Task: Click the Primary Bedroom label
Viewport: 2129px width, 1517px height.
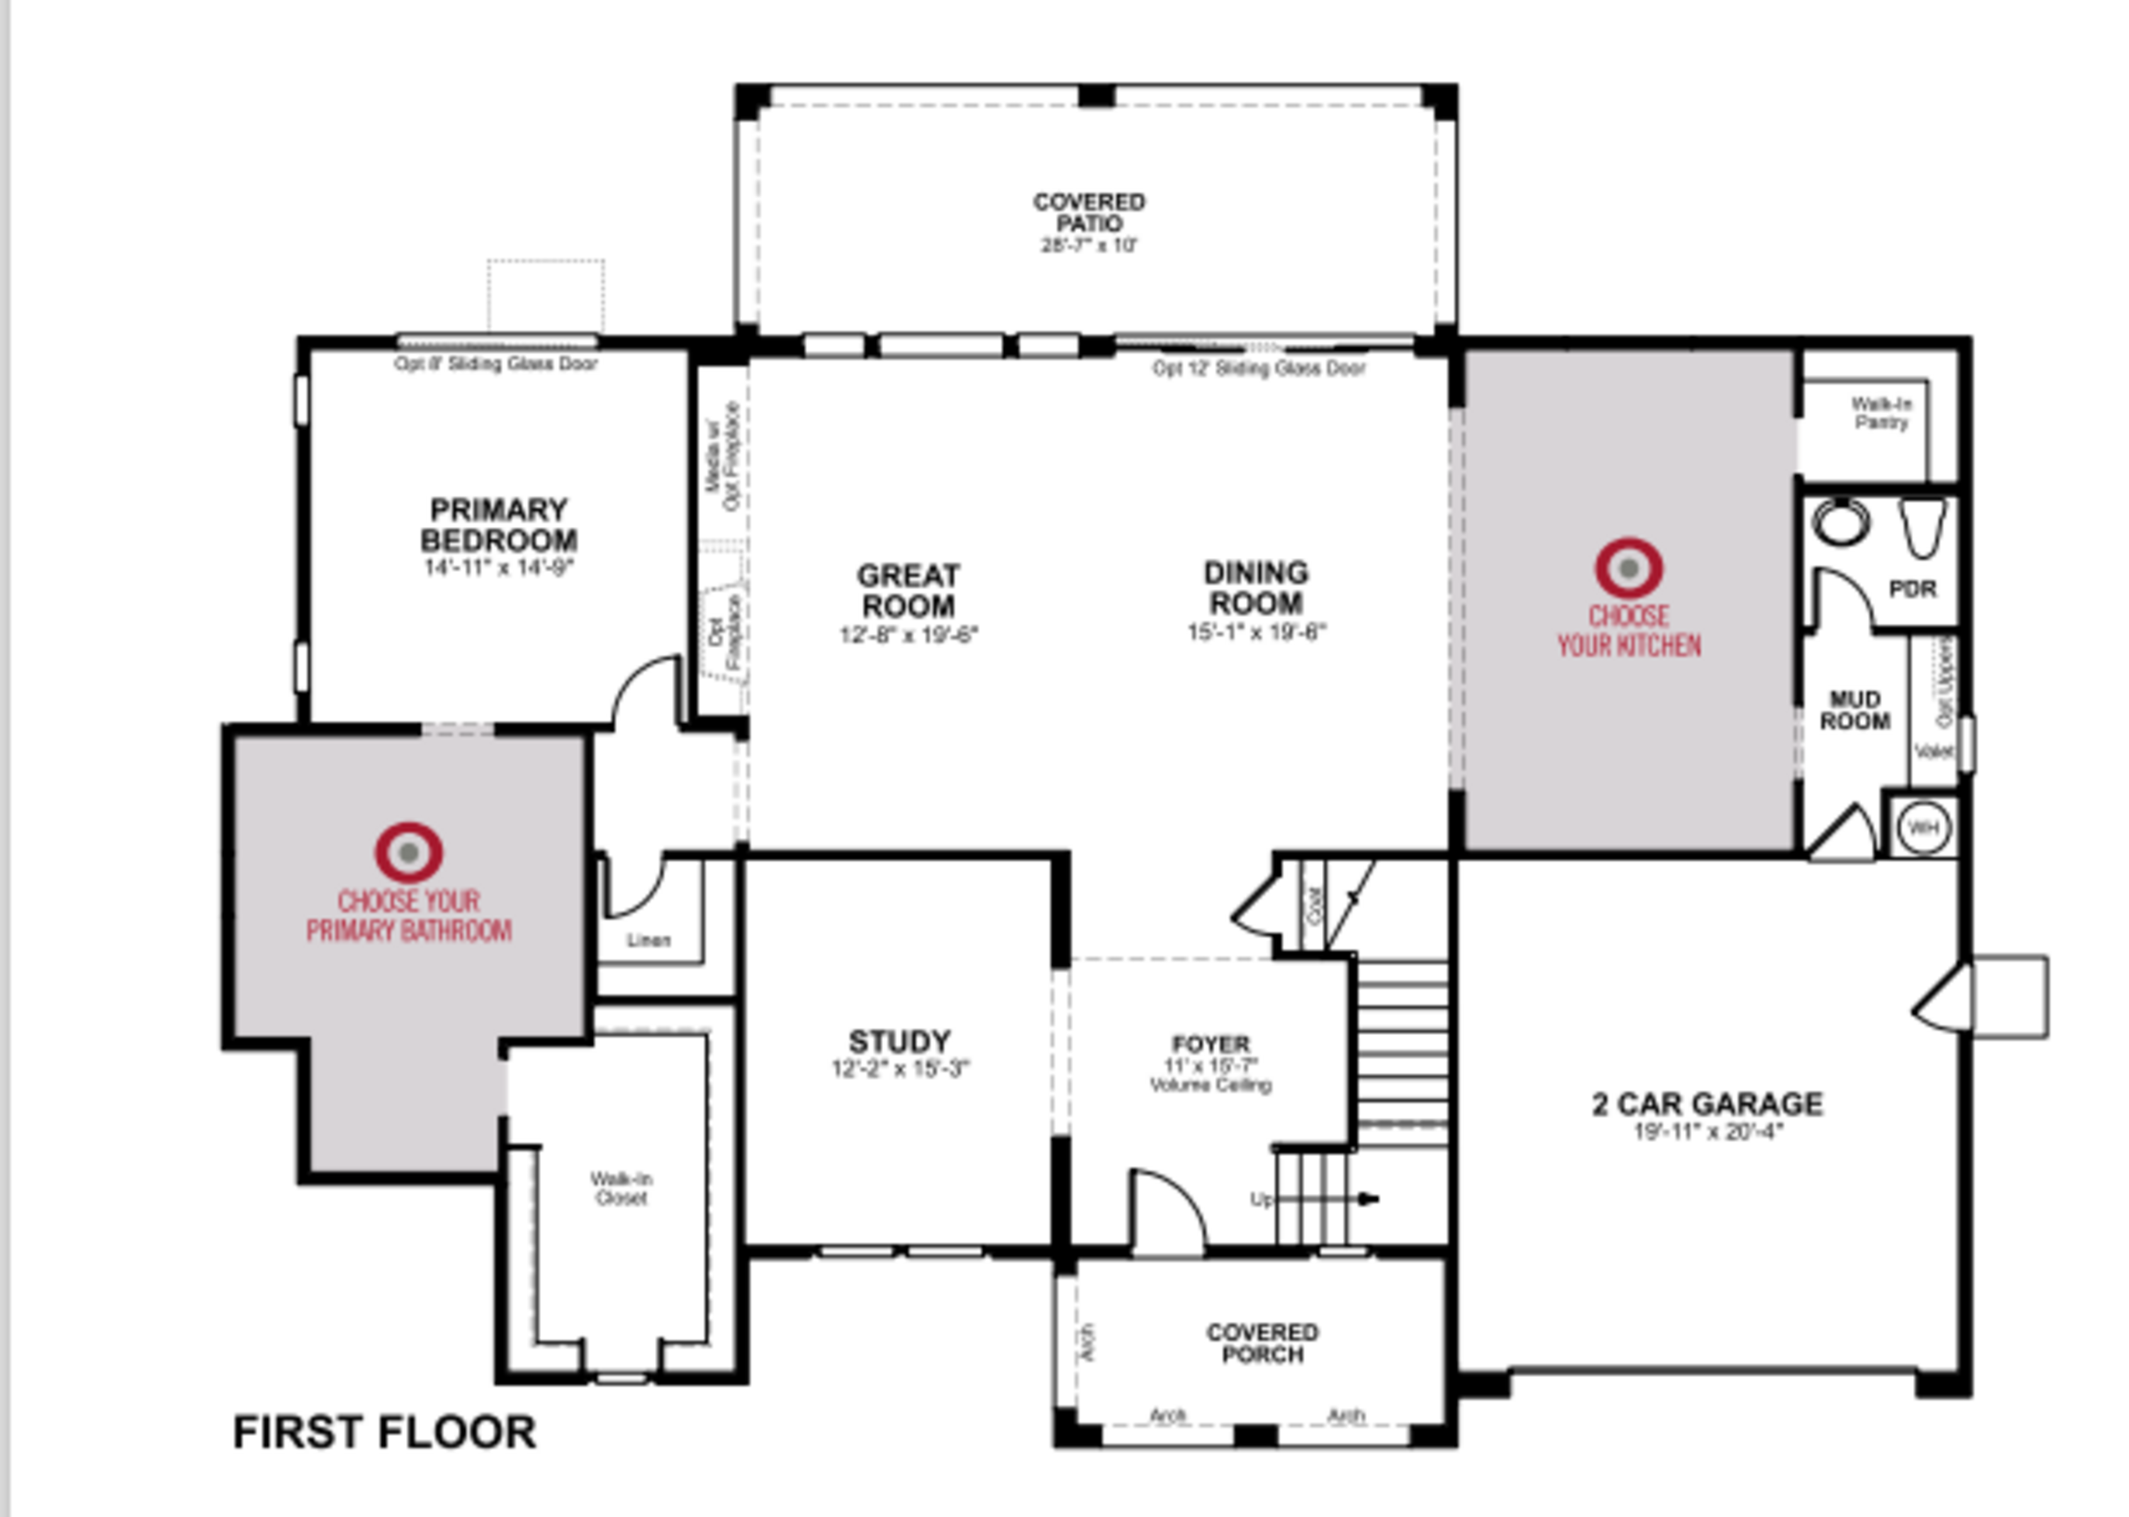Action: (498, 525)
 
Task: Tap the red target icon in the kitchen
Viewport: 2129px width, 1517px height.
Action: (1628, 567)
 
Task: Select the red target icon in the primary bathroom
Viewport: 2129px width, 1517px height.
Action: (409, 852)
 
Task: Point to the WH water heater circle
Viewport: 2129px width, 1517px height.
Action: (1923, 828)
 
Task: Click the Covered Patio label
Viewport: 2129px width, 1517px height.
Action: (1089, 213)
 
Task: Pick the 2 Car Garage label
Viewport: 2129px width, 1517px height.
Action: (1707, 1104)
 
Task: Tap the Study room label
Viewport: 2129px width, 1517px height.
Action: (899, 1041)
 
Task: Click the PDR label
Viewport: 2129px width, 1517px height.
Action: (1912, 589)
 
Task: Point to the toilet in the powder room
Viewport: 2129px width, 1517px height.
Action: (1923, 526)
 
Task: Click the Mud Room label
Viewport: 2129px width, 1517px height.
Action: (1855, 710)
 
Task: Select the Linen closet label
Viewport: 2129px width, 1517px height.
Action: (648, 940)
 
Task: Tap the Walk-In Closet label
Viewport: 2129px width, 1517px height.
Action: (621, 1188)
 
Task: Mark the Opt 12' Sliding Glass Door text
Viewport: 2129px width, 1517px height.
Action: (1259, 369)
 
